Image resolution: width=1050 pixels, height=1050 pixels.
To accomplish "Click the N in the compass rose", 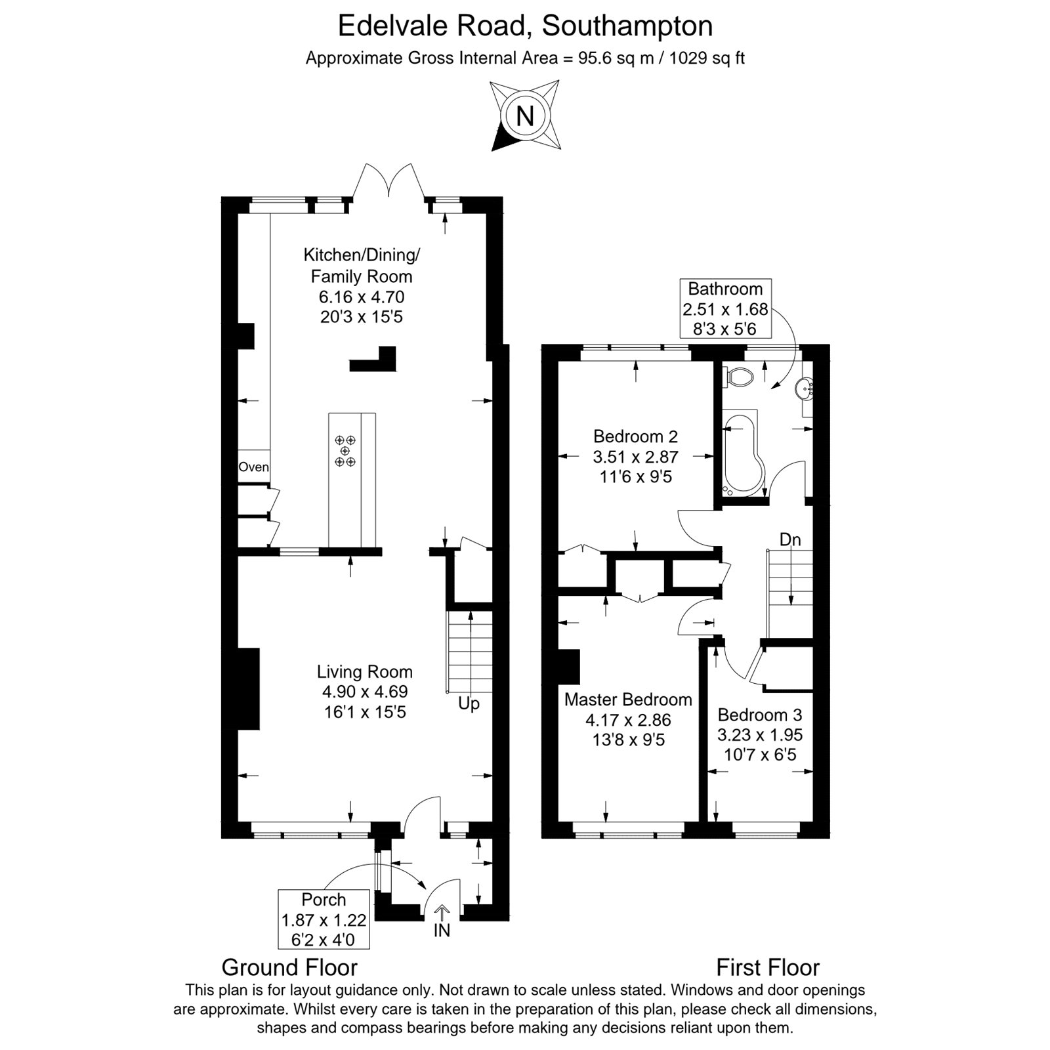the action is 525,116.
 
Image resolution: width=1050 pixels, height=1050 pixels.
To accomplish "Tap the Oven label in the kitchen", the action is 254,467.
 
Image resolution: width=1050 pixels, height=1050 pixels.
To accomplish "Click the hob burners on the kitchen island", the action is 345,451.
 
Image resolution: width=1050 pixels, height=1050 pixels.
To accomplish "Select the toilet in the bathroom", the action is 738,377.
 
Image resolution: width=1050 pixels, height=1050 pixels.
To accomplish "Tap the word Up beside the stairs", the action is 469,704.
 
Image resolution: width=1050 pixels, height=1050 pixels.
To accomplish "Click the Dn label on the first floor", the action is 790,539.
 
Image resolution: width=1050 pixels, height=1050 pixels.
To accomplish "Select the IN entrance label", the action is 442,931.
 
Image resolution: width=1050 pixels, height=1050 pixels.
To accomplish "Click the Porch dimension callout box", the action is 324,919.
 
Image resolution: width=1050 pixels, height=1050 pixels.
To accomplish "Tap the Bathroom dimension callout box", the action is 725,308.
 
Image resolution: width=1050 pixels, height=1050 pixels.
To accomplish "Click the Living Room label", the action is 365,672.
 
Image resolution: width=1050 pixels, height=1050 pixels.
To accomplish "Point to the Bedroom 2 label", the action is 635,436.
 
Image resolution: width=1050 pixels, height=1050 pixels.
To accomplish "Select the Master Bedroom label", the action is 628,700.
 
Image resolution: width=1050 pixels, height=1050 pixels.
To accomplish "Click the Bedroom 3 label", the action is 760,715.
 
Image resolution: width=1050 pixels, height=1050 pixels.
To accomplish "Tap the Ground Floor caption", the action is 289,967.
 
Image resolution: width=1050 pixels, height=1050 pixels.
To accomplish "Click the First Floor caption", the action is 768,967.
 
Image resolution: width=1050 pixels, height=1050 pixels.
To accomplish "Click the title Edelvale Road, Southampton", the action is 525,26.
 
